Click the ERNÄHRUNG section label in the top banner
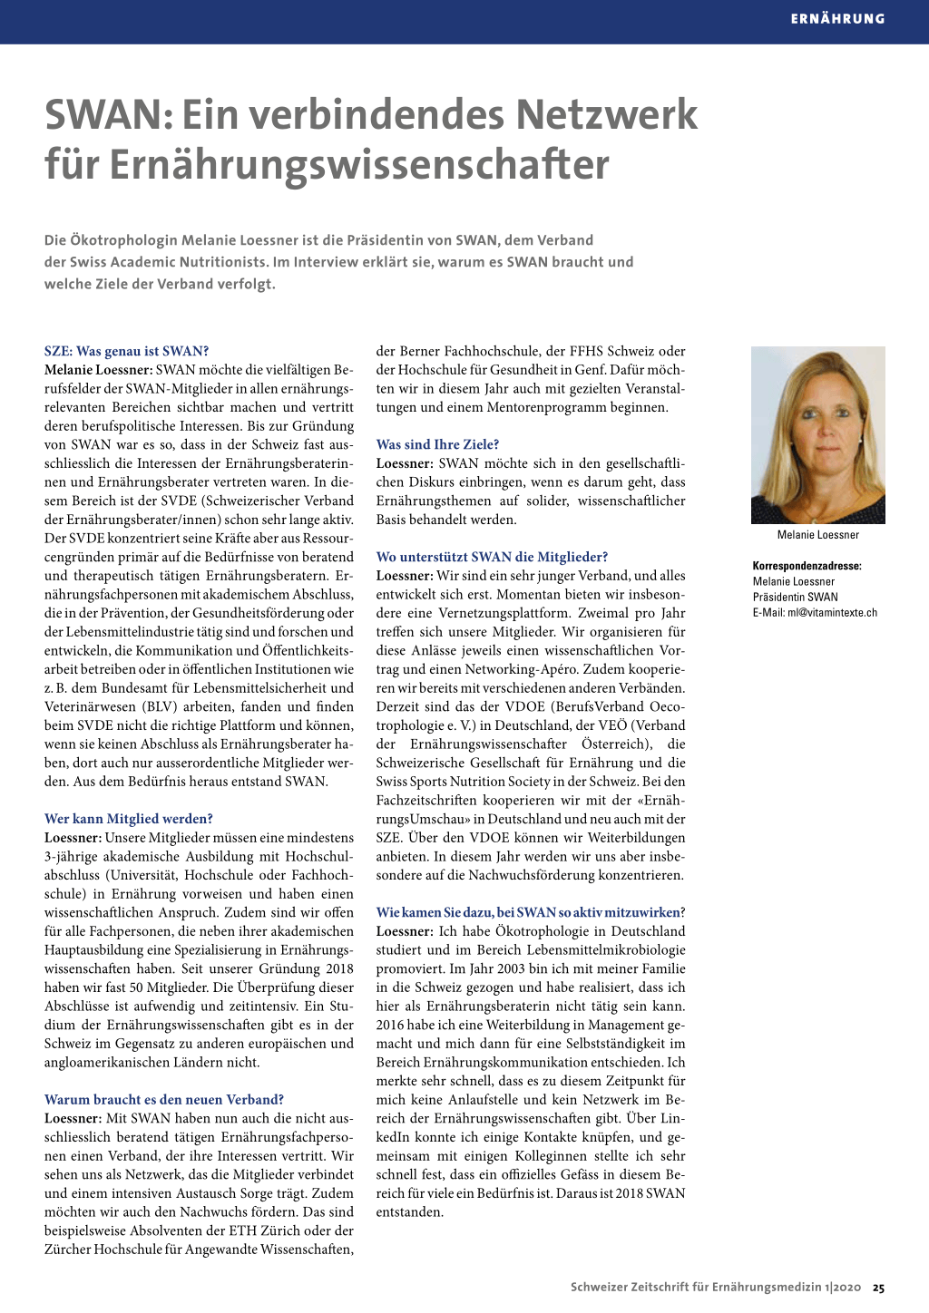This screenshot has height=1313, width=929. click(837, 18)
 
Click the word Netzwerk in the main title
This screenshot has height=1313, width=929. click(607, 115)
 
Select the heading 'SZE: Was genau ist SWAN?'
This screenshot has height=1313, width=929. click(127, 351)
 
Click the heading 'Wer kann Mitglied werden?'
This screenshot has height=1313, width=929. click(129, 819)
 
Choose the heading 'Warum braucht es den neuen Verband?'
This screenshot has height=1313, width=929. click(164, 1100)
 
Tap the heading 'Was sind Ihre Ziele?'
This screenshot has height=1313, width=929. click(437, 444)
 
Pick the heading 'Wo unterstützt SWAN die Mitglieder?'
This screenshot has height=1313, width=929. click(492, 557)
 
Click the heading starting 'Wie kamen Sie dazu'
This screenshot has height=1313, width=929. click(531, 912)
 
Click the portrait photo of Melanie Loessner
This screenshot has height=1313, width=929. click(818, 434)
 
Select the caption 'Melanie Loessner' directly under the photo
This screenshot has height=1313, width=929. click(818, 535)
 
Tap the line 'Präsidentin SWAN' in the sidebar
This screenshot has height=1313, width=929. click(796, 597)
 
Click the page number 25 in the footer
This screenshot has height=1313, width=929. click(878, 1287)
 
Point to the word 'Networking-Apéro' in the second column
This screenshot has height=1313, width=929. click(520, 669)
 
